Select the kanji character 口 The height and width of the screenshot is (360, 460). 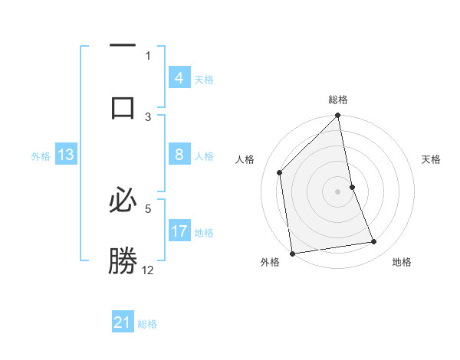pos(123,107)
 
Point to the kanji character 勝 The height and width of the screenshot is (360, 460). pos(123,260)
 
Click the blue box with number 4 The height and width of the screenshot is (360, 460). pos(179,78)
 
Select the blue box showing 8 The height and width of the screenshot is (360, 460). pos(179,155)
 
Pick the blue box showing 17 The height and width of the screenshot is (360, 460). pos(179,231)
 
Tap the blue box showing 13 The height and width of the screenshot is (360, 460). pos(65,155)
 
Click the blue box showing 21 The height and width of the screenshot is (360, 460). pos(123,322)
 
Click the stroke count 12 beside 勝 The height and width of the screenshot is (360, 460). pos(148,270)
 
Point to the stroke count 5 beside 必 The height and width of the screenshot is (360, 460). pos(148,207)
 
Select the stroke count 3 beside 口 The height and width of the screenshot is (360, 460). pos(148,116)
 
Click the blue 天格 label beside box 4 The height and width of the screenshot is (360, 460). pos(204,79)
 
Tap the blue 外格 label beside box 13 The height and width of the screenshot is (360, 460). pos(41,155)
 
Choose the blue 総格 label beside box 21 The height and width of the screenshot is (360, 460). pos(147,323)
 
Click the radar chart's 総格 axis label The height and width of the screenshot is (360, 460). pos(338,100)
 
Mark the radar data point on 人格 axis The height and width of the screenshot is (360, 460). pos(280,172)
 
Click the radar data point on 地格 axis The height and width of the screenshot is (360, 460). pos(374,242)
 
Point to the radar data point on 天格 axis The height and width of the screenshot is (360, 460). pos(353,187)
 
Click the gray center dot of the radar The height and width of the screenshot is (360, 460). pos(338,191)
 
